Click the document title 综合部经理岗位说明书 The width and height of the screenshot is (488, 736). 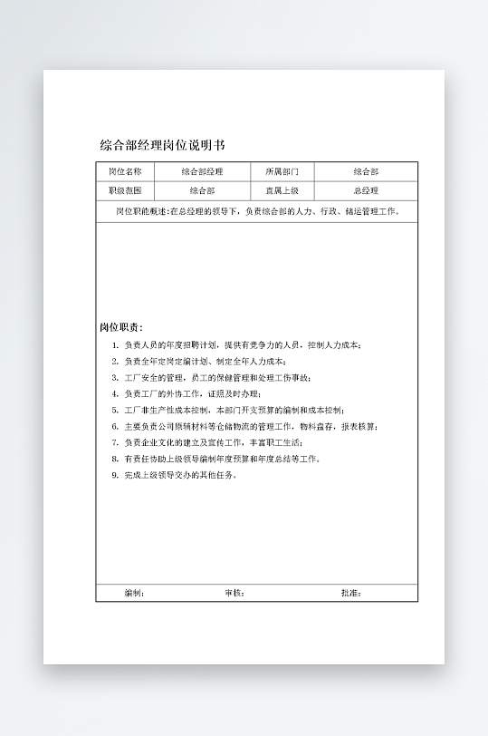[x=162, y=145]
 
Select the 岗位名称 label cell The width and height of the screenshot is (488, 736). [x=125, y=171]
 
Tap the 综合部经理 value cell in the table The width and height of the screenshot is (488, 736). [x=202, y=171]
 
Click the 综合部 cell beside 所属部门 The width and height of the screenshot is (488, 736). [x=366, y=171]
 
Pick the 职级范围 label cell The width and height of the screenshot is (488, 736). [x=125, y=191]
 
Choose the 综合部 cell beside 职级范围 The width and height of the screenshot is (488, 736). [x=202, y=191]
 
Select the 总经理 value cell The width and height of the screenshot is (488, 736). [x=366, y=191]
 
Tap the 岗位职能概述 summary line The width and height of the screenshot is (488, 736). [x=256, y=212]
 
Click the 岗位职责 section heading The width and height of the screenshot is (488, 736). [x=120, y=327]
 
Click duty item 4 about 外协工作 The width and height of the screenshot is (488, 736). [x=197, y=393]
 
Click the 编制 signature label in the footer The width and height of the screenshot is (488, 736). [x=133, y=593]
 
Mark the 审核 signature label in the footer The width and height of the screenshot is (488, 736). [x=234, y=593]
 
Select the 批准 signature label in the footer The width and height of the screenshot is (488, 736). [x=350, y=593]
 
